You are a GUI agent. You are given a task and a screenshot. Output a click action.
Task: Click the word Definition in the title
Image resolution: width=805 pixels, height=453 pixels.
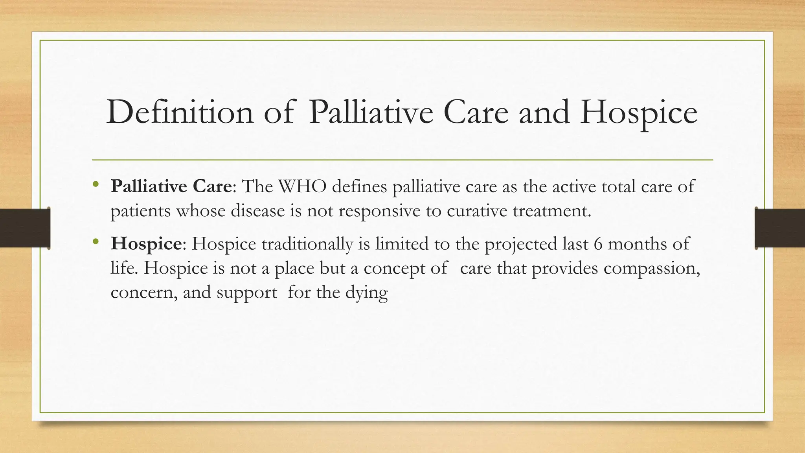click(180, 112)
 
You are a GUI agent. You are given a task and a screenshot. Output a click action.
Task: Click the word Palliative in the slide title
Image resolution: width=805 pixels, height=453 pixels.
click(371, 112)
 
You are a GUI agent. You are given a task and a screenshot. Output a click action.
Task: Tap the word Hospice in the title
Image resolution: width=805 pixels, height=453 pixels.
click(639, 113)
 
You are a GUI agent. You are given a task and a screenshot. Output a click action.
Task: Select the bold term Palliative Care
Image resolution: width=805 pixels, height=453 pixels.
click(171, 186)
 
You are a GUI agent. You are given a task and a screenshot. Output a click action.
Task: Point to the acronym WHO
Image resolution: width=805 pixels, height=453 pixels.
click(302, 186)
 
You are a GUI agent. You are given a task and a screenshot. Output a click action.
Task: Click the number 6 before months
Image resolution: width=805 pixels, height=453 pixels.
click(598, 244)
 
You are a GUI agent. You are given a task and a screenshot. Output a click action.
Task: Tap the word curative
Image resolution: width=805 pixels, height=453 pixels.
click(477, 211)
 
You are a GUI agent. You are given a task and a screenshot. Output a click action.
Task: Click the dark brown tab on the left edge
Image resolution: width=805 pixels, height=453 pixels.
click(25, 228)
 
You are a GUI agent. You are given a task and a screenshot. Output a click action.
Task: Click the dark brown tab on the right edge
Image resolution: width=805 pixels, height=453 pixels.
click(780, 228)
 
